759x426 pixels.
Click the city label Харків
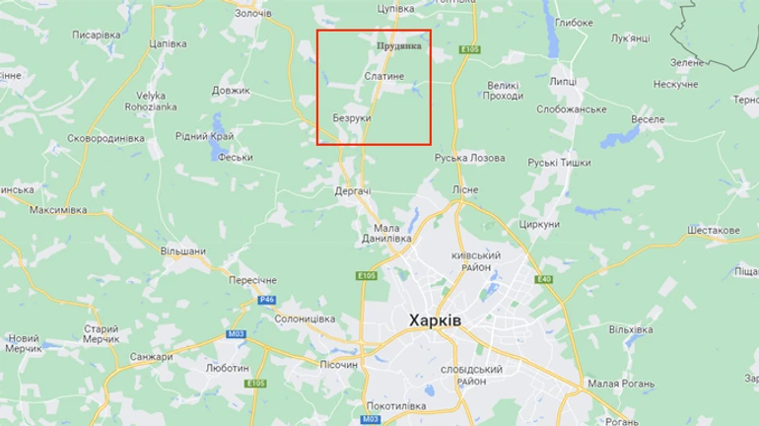[435, 321]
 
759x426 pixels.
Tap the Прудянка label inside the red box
[399, 45]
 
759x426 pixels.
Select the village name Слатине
[383, 76]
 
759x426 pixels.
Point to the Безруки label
[352, 118]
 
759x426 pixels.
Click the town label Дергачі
[353, 190]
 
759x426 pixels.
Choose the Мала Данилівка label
[385, 234]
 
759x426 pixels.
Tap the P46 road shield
[266, 300]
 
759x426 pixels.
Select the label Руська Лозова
[469, 158]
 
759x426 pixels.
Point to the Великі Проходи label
[504, 90]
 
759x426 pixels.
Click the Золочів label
[252, 13]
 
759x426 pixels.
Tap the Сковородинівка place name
[105, 139]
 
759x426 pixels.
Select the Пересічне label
[253, 280]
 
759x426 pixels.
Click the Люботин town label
[227, 368]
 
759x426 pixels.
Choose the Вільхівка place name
[631, 328]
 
